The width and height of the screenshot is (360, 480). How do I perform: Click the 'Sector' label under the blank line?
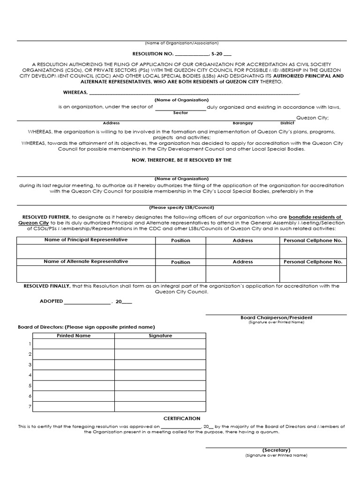tap(180, 113)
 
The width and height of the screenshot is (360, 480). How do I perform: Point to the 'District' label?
tap(287, 123)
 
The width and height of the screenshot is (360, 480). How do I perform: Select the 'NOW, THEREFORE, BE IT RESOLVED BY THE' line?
tap(181, 160)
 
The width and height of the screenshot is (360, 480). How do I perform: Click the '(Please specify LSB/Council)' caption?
tap(181, 207)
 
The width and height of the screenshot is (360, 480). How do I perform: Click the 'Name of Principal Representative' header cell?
tap(86, 240)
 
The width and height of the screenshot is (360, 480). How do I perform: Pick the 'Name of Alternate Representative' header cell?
tap(86, 262)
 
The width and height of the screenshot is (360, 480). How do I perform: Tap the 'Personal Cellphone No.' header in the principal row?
tap(313, 240)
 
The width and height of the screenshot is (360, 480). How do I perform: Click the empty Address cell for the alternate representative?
tap(242, 274)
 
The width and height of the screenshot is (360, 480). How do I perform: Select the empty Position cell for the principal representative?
tap(180, 252)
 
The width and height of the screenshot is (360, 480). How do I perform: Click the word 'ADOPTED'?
tap(51, 302)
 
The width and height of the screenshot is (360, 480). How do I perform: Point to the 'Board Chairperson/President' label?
tap(276, 317)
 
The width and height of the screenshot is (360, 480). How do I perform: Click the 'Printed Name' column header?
tap(74, 336)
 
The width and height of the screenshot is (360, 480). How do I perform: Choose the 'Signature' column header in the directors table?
tap(160, 336)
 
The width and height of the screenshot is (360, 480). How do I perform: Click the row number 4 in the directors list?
tap(30, 375)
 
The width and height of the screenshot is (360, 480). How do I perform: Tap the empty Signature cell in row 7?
tap(160, 406)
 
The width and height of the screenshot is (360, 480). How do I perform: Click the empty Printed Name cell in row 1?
tap(74, 344)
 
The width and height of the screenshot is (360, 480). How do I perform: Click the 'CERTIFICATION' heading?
tap(181, 418)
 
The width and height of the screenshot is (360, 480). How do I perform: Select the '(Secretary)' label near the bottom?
tap(276, 450)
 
